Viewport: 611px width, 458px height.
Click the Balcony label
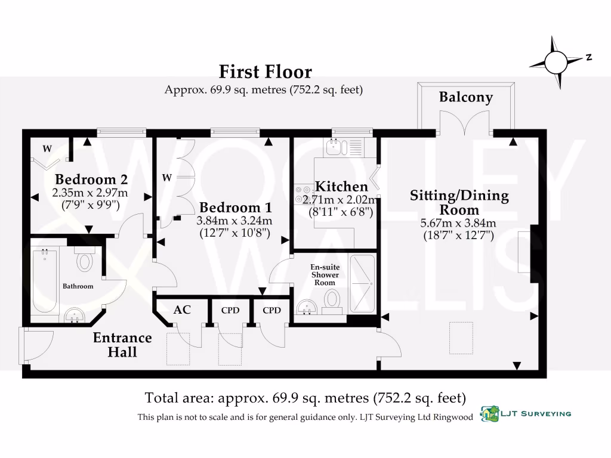pos(465,97)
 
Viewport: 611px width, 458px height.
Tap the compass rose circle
pos(556,62)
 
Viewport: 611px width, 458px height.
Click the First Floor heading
pos(266,72)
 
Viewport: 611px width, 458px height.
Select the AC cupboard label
pos(182,310)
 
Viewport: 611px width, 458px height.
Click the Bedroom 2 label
pos(91,179)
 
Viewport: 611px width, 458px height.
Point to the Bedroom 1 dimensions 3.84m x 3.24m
pos(234,221)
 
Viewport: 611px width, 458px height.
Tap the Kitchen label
pos(341,187)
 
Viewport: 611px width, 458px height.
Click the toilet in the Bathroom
pos(84,259)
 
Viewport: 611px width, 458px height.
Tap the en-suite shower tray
pos(362,283)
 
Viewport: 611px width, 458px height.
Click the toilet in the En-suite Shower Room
pos(332,302)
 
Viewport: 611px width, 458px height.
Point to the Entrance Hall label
pos(122,345)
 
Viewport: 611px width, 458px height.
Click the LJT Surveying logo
pos(525,414)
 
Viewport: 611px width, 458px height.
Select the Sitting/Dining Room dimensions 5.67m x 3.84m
pos(458,223)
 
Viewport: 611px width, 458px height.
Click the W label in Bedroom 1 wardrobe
pos(167,178)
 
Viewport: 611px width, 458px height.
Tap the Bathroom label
pos(78,286)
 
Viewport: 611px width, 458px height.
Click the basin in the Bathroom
pos(74,315)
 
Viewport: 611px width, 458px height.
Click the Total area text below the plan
pos(305,398)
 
